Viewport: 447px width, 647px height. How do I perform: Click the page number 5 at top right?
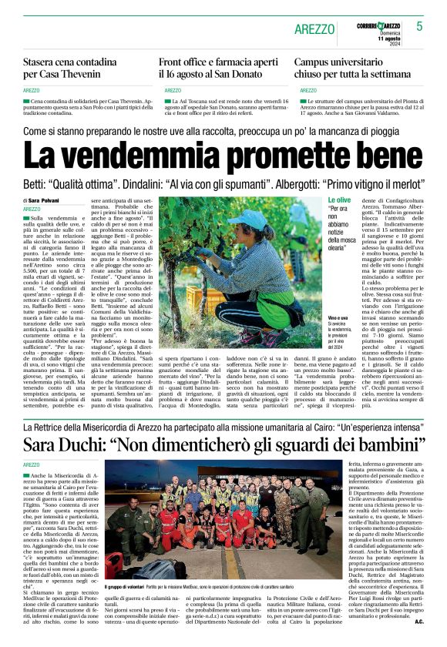(x=419, y=26)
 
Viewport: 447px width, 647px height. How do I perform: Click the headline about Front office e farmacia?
(x=218, y=69)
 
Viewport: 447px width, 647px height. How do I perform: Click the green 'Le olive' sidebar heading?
(x=318, y=199)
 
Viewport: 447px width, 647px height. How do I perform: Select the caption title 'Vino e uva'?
(x=317, y=317)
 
